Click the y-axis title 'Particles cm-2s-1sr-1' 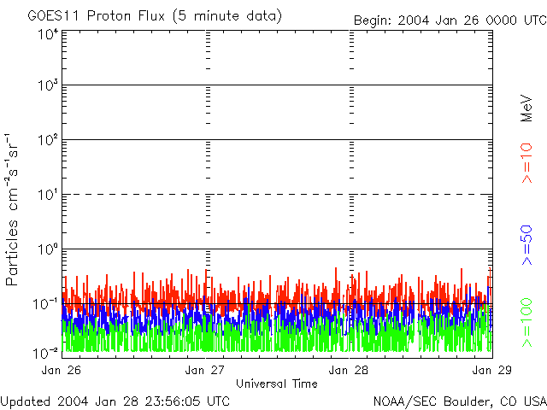15,208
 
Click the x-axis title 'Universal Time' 276,384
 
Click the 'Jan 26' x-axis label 60,370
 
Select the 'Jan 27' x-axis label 204,370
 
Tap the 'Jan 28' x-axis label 349,370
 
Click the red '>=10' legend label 527,164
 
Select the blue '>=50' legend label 527,247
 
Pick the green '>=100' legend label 527,321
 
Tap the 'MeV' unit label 527,108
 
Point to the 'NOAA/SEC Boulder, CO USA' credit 459,401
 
